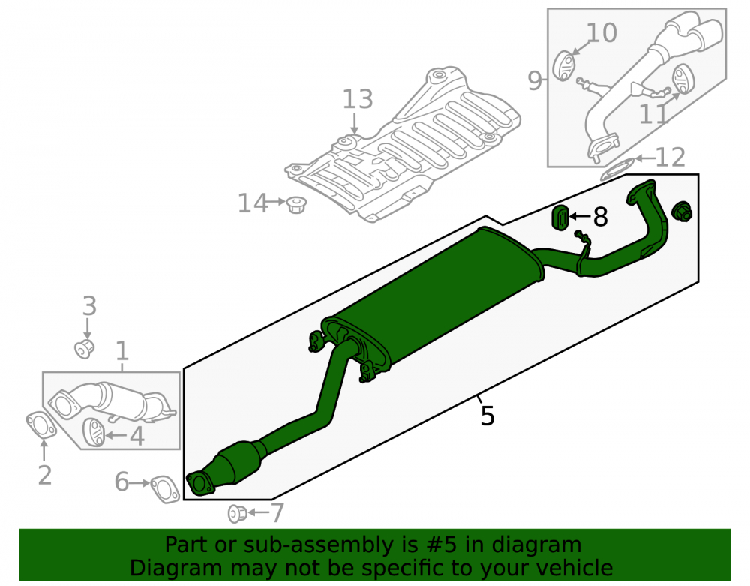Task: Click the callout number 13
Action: (357, 100)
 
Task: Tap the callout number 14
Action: (253, 203)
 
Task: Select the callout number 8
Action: (600, 217)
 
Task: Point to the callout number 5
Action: (487, 416)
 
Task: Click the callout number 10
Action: (601, 32)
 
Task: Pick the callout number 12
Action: (670, 157)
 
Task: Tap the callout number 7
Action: (277, 512)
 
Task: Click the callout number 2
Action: (44, 475)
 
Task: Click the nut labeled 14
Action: (296, 206)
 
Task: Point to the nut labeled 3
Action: (84, 349)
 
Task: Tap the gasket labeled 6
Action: (165, 489)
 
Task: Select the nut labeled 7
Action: (237, 513)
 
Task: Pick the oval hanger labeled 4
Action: (93, 432)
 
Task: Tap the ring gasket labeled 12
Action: (617, 170)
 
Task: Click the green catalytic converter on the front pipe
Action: (239, 463)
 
